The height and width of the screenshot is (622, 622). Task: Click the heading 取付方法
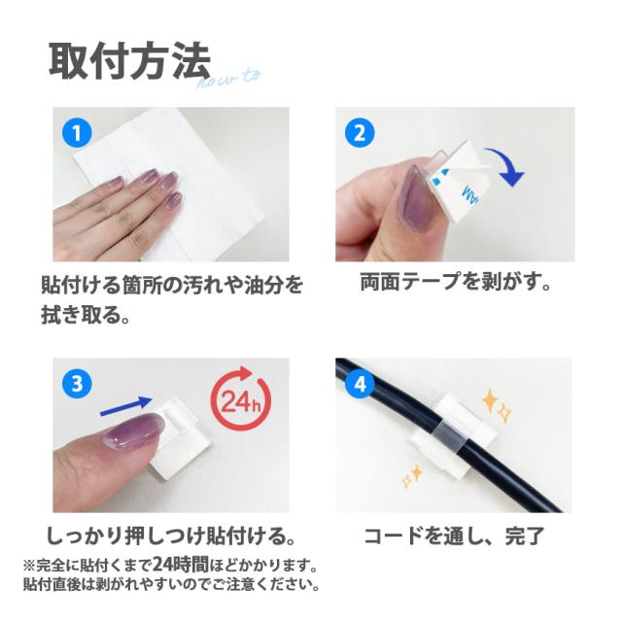129,62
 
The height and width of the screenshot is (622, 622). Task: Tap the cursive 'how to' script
229,80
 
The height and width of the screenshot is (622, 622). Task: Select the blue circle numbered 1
77,133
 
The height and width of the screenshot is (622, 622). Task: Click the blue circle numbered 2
360,133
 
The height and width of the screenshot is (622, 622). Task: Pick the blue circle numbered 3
77,384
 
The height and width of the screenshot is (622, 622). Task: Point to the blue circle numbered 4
360,384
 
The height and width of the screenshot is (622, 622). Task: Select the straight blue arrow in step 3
126,406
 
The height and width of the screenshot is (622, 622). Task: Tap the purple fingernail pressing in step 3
134,432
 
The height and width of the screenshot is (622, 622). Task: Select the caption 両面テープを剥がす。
456,282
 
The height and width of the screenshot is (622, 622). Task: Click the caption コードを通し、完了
454,536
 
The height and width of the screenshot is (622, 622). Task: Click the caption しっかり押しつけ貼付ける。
171,536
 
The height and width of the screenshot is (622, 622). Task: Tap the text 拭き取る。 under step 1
86,315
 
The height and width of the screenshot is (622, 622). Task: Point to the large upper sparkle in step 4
490,401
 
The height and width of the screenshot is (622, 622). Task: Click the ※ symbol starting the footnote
29,566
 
